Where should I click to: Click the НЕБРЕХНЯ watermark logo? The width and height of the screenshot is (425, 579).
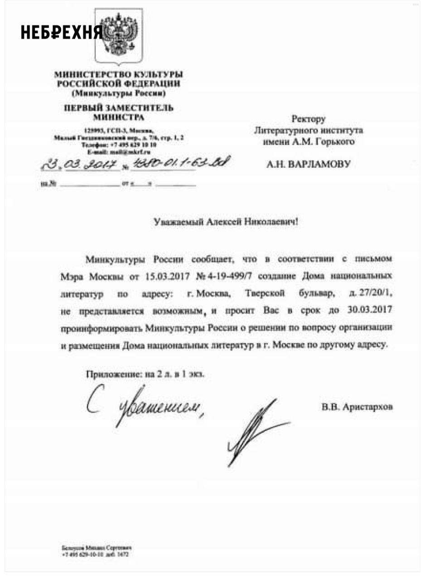coord(62,32)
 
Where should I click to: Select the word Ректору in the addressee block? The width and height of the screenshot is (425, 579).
coord(309,119)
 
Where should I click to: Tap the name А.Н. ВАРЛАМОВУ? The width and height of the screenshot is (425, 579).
coord(309,164)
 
